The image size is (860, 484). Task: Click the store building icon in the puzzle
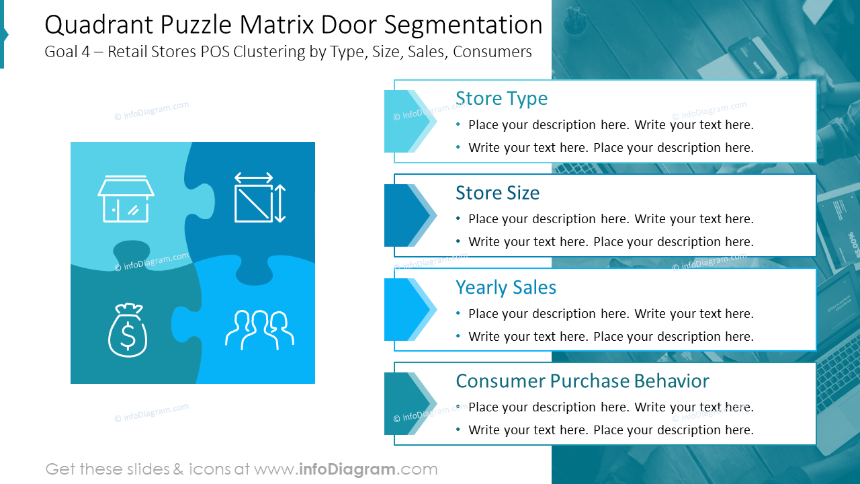(126, 199)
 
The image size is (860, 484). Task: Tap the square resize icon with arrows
(259, 198)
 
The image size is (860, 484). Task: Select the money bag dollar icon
(128, 330)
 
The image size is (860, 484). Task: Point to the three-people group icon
(259, 330)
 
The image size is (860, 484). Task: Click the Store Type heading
(501, 98)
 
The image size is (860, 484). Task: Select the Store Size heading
(497, 193)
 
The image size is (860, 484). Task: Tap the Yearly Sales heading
(505, 287)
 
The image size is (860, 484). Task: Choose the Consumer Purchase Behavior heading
(582, 381)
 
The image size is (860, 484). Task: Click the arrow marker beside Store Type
(409, 121)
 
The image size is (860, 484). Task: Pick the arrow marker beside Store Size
(409, 215)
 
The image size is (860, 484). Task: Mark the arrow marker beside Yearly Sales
(409, 309)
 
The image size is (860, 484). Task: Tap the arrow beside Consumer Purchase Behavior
(409, 403)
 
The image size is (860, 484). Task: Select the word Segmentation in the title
(464, 26)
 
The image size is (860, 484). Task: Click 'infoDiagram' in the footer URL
(347, 469)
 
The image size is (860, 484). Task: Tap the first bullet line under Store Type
(610, 125)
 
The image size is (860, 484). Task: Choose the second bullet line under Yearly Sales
(610, 336)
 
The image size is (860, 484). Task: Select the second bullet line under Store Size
(610, 242)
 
